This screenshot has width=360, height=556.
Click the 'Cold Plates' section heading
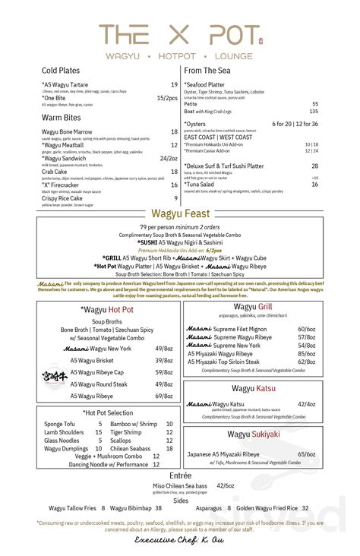click(61, 71)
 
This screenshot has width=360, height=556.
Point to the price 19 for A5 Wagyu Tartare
click(174, 84)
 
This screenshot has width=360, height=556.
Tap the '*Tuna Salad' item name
click(203, 184)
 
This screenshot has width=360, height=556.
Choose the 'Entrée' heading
click(181, 473)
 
